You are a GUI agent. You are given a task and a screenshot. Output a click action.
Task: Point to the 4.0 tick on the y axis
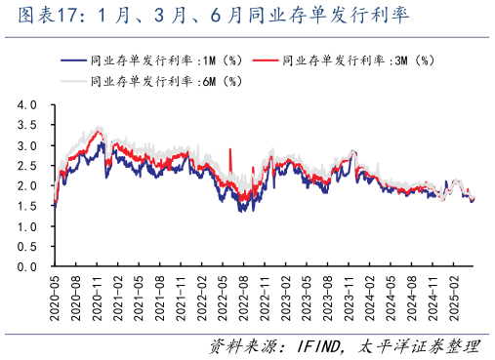tap(26, 104)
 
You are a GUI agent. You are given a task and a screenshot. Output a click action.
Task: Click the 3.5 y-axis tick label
tap(26, 125)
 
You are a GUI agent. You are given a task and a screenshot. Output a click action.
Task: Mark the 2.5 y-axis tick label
tap(26, 165)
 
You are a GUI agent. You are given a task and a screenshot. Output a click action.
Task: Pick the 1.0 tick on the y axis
tap(26, 225)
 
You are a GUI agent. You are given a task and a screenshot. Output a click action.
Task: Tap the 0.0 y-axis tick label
tap(26, 266)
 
